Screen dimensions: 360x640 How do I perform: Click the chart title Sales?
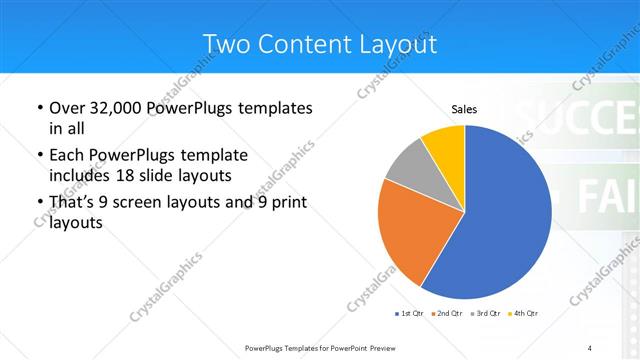(x=464, y=109)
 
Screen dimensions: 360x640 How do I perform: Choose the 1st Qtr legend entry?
(x=409, y=314)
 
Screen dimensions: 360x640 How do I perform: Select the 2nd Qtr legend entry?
(x=446, y=314)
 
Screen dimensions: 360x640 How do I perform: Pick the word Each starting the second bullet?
(x=66, y=156)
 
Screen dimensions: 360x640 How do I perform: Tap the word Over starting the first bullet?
(x=67, y=108)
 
